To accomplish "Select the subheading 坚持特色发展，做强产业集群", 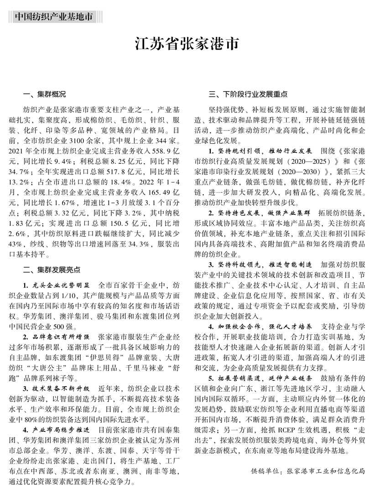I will [x=264, y=213].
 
